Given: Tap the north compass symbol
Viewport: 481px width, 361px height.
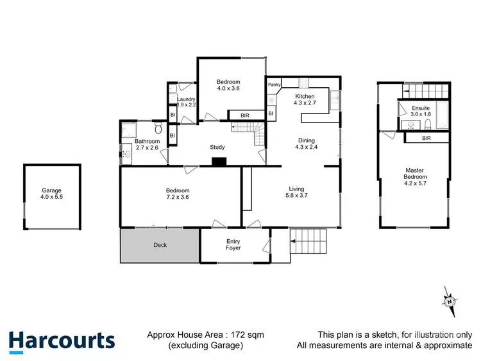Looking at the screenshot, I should click(451, 301).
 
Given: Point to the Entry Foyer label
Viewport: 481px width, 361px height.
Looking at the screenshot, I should click(233, 244).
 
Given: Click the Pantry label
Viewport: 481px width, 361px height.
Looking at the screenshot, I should click(274, 85).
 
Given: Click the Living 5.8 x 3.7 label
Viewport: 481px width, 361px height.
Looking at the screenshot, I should click(296, 192).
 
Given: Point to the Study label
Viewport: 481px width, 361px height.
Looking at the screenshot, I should click(217, 147).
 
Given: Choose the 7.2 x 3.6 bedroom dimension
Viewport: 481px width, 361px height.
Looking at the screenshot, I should click(178, 198).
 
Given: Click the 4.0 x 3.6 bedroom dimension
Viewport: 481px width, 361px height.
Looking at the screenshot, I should click(228, 88).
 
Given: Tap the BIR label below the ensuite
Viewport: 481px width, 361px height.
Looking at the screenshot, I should click(426, 139).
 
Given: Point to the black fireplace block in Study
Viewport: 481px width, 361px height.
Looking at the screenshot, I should click(219, 162).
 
